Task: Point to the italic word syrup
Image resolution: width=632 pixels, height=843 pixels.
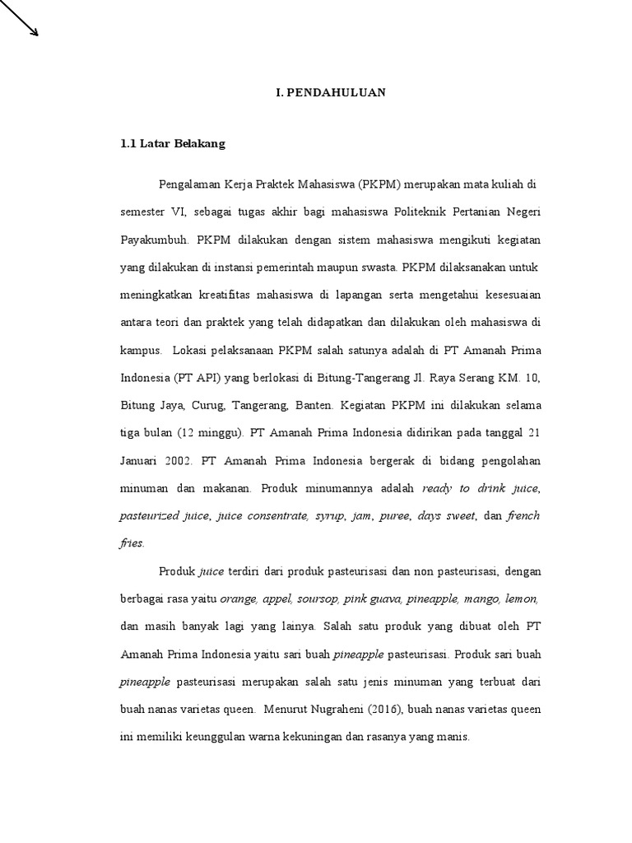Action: click(330, 516)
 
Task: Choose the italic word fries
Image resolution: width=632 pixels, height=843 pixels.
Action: click(132, 543)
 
